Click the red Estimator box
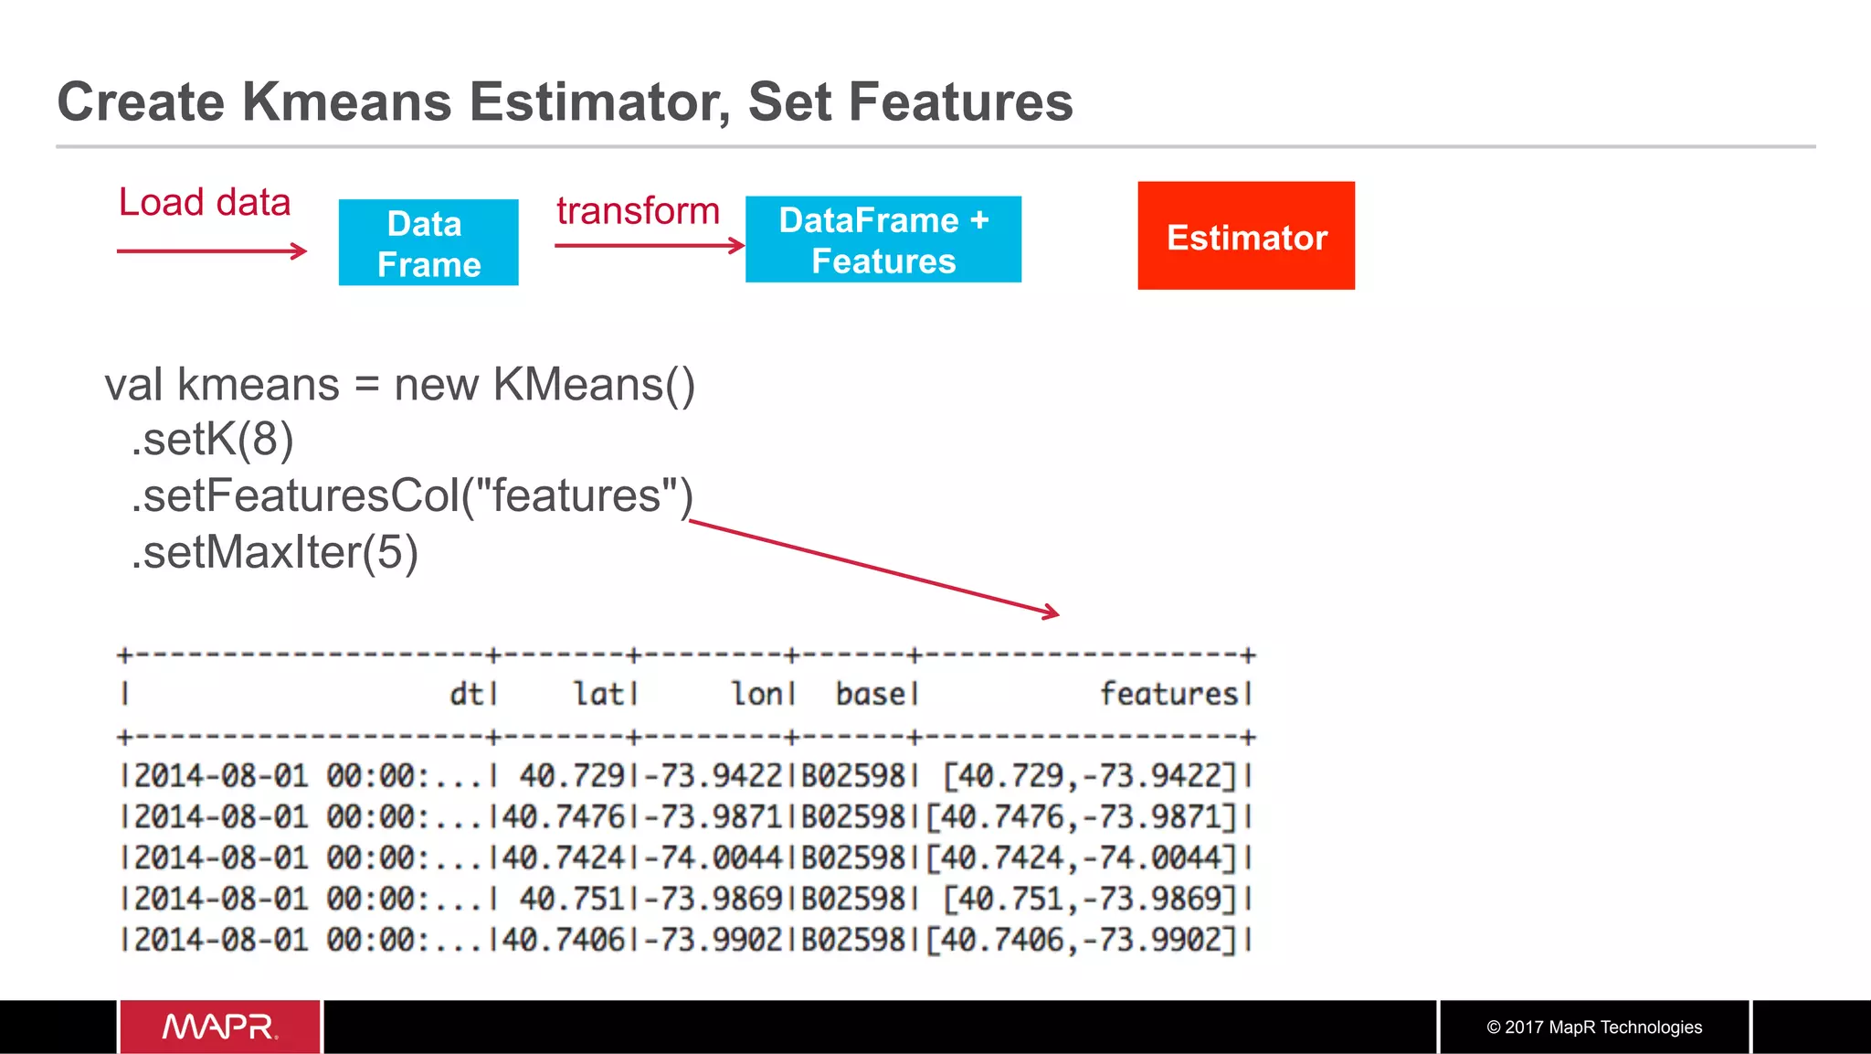click(x=1246, y=236)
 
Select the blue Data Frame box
click(x=428, y=243)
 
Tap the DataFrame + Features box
click(x=883, y=240)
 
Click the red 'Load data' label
click(x=205, y=202)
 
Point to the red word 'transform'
click(x=638, y=211)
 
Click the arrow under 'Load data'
click(x=212, y=250)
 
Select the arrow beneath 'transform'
click(x=650, y=245)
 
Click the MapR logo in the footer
click(x=220, y=1027)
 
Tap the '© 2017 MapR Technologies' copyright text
click(x=1594, y=1027)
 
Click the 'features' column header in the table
click(x=1169, y=694)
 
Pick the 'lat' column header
click(x=599, y=694)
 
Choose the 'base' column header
click(x=872, y=694)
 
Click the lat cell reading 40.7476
click(x=564, y=816)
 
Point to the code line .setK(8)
click(x=212, y=440)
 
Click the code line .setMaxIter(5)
click(x=274, y=552)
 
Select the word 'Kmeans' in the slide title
click(x=346, y=101)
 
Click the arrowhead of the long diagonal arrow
click(x=1053, y=612)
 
